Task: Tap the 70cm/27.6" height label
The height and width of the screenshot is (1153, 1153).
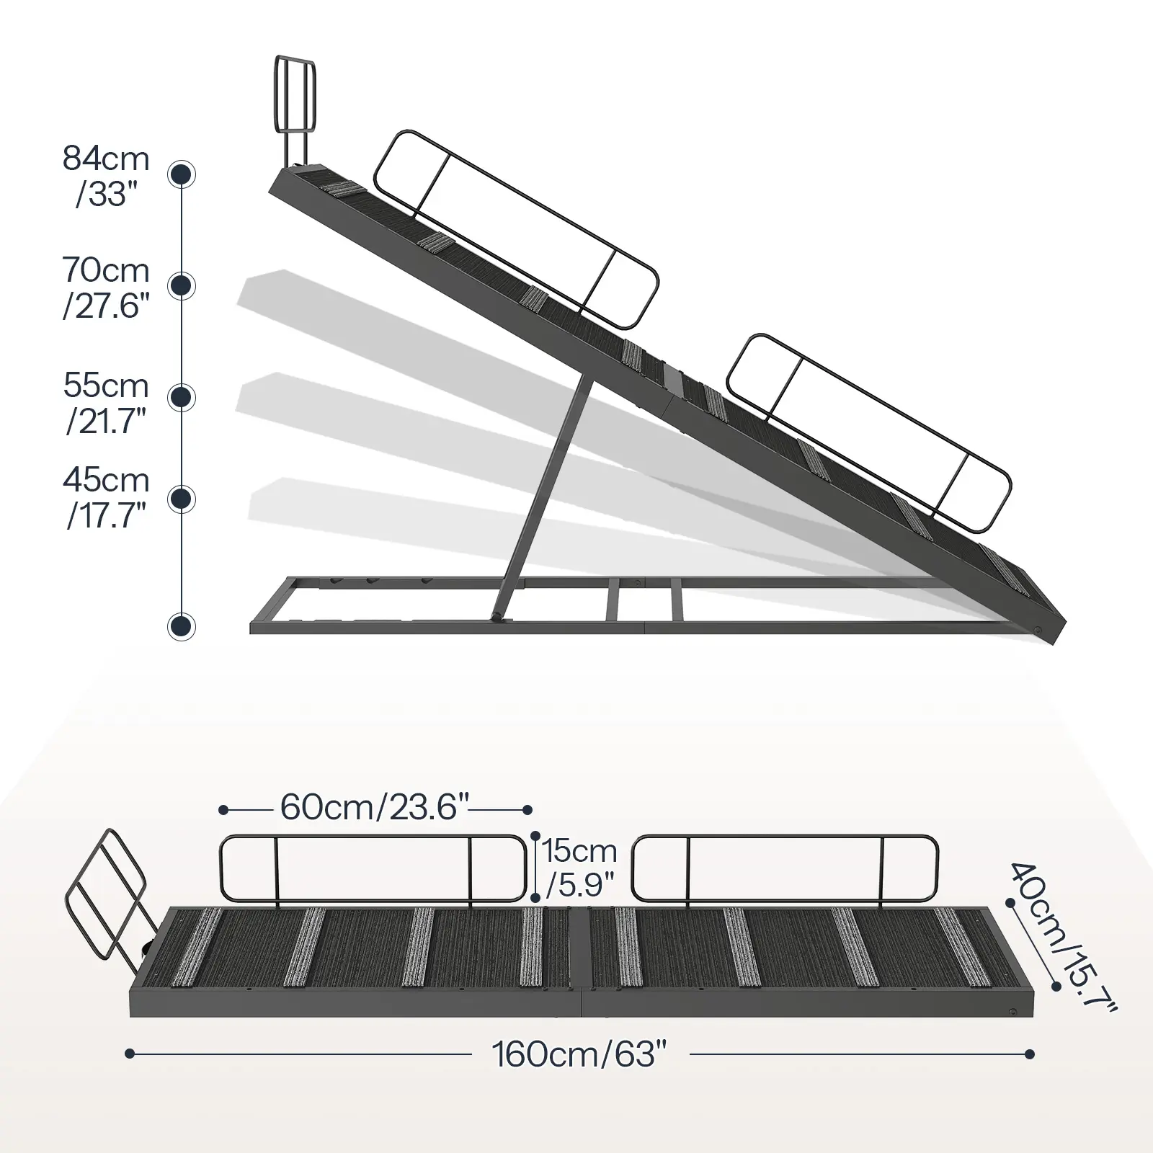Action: [x=106, y=288]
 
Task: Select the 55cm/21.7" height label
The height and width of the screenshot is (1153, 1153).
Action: [x=106, y=403]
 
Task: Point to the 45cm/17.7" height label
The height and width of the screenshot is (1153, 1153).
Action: [x=106, y=497]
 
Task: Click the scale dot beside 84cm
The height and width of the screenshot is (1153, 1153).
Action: [x=182, y=174]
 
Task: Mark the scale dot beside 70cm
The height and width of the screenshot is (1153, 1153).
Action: [x=182, y=285]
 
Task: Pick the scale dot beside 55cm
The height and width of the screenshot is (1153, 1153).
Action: [x=182, y=396]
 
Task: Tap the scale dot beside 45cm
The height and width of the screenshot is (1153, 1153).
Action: [x=182, y=499]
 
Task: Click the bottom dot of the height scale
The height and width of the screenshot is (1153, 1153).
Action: [x=182, y=626]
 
